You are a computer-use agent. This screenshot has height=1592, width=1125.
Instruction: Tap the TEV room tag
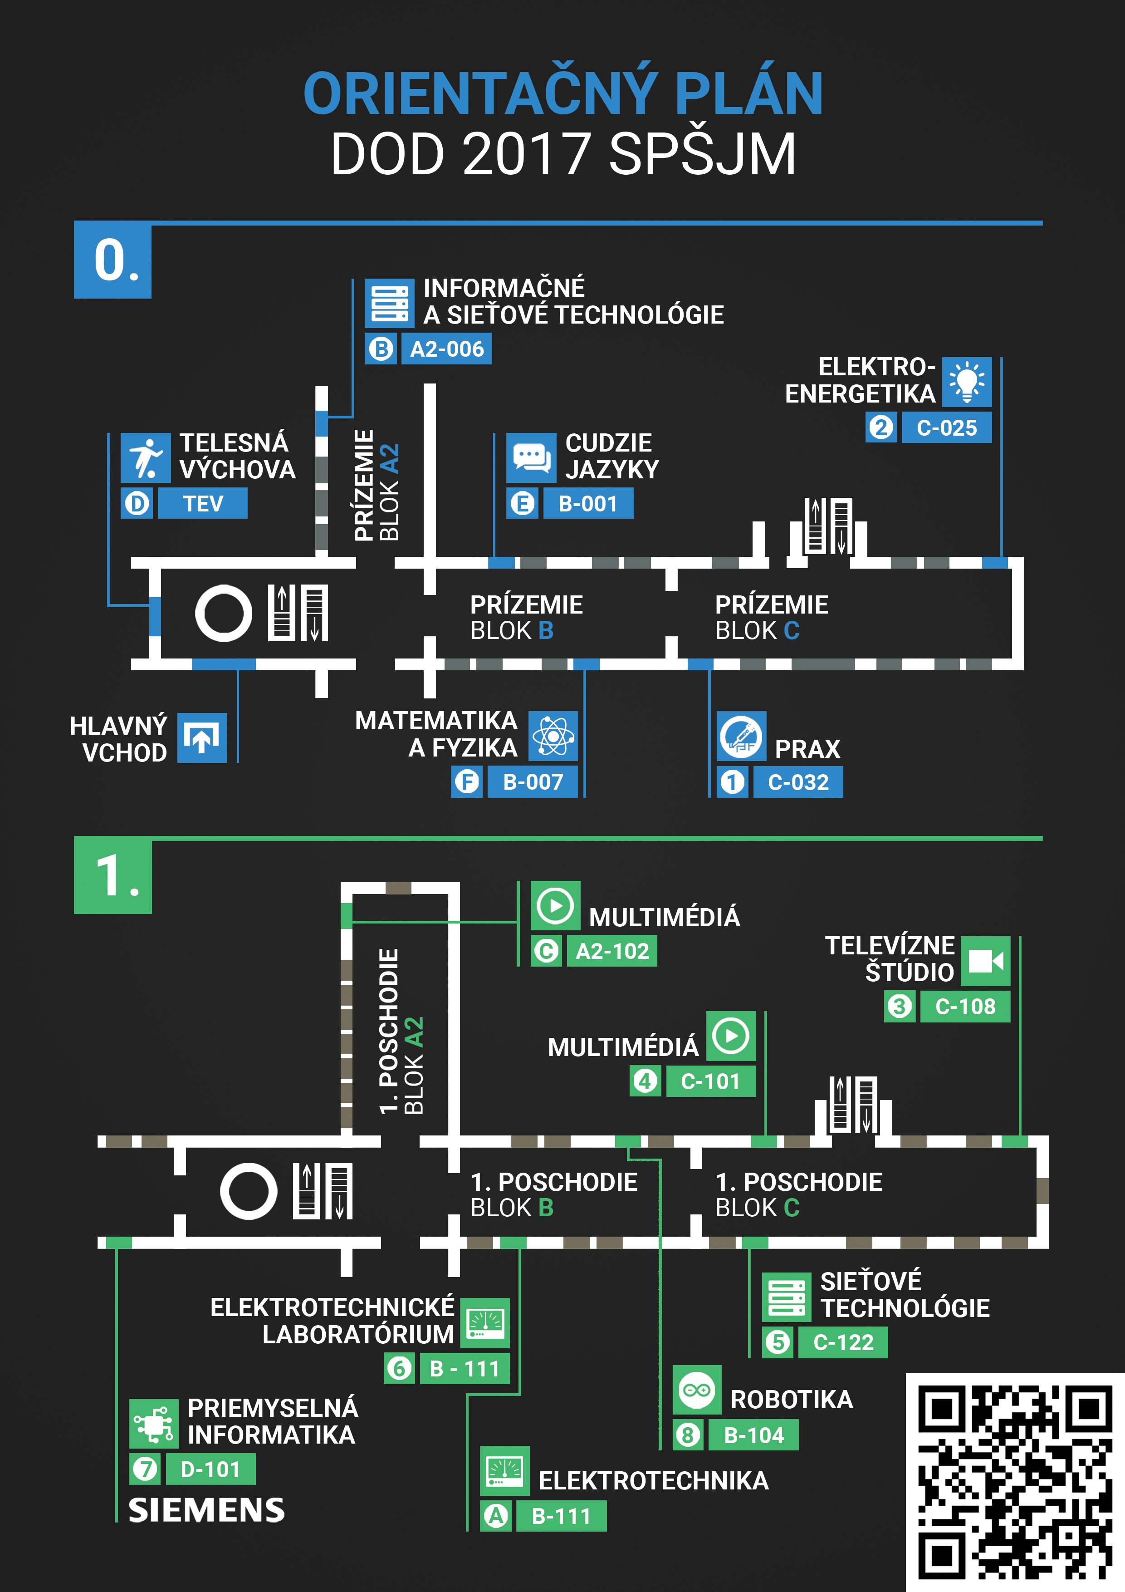202,503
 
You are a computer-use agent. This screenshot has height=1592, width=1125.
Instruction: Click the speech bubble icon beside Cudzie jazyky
531,457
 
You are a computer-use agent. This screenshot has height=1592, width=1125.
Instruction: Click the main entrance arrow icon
202,738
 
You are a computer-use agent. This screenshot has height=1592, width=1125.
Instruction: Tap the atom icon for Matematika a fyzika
553,736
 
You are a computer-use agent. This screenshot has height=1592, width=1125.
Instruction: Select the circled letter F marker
467,782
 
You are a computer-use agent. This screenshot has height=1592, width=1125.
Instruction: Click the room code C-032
798,782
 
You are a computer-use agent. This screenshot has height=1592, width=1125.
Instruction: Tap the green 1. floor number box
113,875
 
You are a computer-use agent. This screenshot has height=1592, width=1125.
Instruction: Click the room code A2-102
612,951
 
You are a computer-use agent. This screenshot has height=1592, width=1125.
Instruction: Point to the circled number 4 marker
646,1081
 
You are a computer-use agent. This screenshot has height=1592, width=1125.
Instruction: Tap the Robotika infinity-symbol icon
697,1390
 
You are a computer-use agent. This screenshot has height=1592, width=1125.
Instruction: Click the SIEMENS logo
206,1510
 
